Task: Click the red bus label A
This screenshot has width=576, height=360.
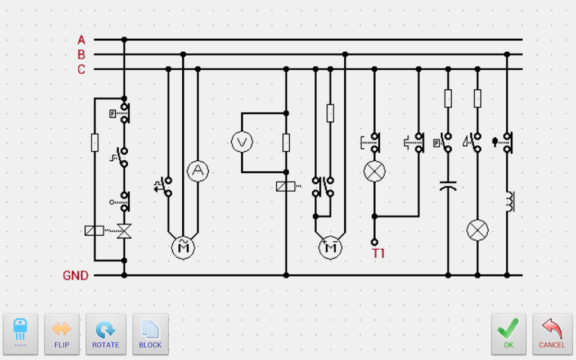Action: pyautogui.click(x=82, y=40)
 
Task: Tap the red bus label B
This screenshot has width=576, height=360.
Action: pyautogui.click(x=82, y=55)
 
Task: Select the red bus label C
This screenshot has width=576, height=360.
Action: pyautogui.click(x=82, y=69)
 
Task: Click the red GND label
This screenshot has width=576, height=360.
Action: pyautogui.click(x=75, y=276)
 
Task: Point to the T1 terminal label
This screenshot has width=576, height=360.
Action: pyautogui.click(x=379, y=254)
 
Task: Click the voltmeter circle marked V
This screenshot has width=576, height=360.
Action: pyautogui.click(x=242, y=142)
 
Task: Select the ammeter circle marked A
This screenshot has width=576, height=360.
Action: pyautogui.click(x=197, y=172)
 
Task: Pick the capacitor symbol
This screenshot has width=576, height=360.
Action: pyautogui.click(x=448, y=185)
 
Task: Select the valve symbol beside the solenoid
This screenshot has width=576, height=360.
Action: pyautogui.click(x=124, y=230)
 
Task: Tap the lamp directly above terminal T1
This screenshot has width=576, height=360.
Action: pyautogui.click(x=374, y=172)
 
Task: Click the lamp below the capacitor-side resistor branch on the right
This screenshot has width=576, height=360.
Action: pyautogui.click(x=478, y=230)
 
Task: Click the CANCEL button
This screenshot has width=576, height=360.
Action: pyautogui.click(x=552, y=334)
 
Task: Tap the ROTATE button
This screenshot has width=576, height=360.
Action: pyautogui.click(x=105, y=334)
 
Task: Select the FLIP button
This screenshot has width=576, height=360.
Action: pyautogui.click(x=62, y=334)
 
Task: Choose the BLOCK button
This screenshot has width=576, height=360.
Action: pyautogui.click(x=150, y=334)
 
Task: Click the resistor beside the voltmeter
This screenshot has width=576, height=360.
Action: pyautogui.click(x=286, y=142)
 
